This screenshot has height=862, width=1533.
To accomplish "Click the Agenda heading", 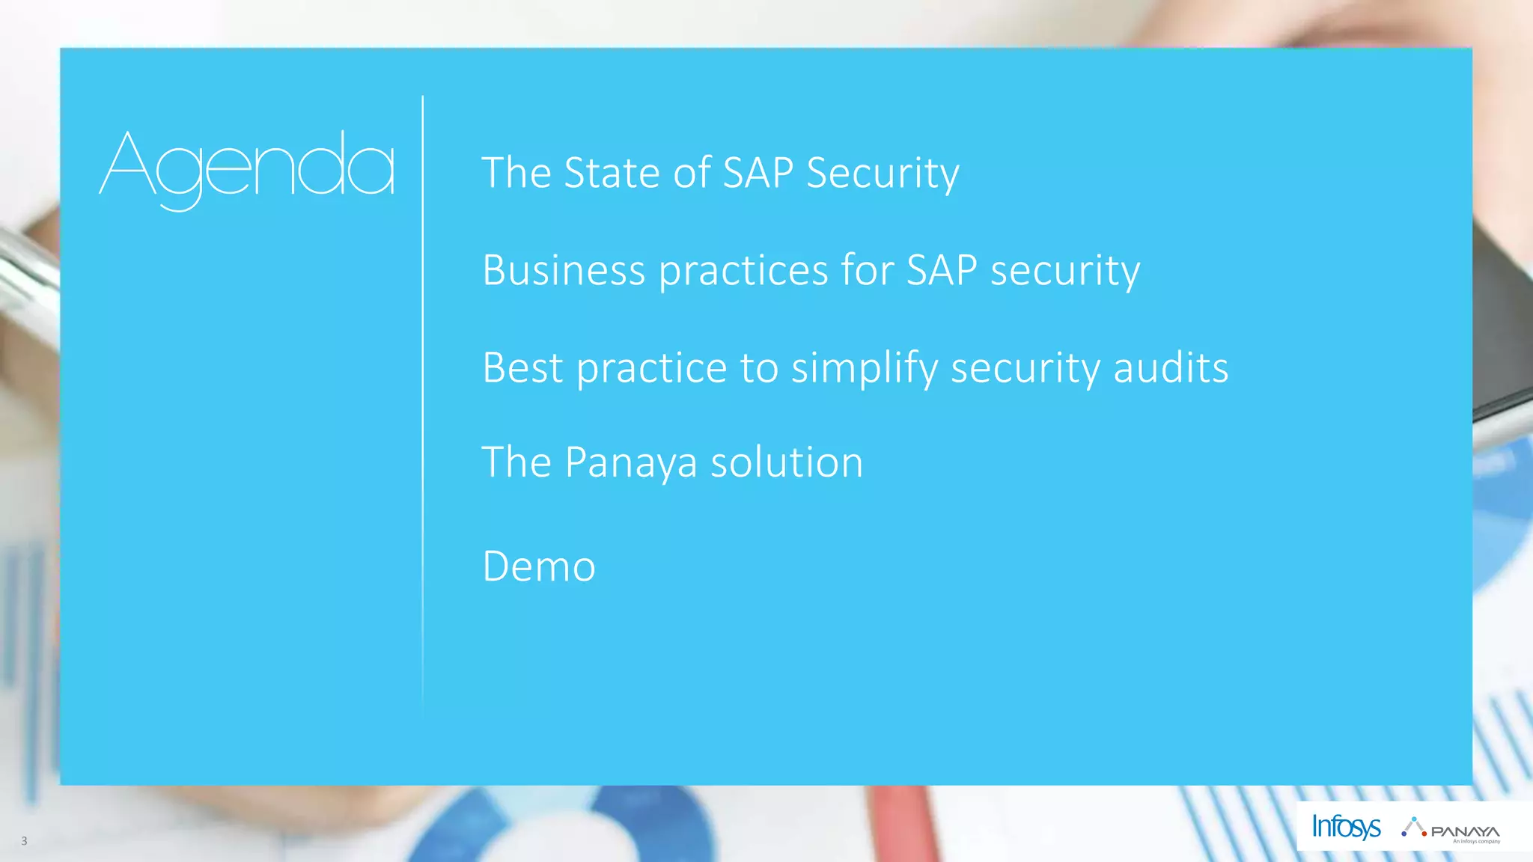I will coord(247,168).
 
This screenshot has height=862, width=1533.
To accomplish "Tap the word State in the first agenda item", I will coord(612,173).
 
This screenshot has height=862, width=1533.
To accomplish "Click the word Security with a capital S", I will coord(883,174).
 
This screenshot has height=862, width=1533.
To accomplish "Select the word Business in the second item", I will coord(564,270).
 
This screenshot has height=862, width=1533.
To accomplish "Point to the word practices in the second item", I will coord(743,272).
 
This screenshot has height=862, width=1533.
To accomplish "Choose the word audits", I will coord(1171,367).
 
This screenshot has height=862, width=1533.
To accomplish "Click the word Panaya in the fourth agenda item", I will coord(631,463).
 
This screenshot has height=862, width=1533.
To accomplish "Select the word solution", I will coord(787,462).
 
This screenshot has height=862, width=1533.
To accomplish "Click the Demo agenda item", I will coord(539,566).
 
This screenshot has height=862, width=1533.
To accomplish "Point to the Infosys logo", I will coord(1346,827).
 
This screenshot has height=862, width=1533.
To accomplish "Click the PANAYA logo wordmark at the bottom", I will coord(1465,831).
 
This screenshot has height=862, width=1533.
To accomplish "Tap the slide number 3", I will coord(24,841).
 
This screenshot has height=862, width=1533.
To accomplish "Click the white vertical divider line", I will coord(423,404).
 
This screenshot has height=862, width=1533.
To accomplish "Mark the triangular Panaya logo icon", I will coord(1413,826).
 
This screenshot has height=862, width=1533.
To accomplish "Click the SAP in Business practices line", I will coord(942,270).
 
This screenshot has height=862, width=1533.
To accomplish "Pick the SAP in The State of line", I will coord(758,173).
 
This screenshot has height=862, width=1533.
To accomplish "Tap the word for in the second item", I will coord(867,270).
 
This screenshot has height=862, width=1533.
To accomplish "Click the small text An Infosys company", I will coord(1476,842).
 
